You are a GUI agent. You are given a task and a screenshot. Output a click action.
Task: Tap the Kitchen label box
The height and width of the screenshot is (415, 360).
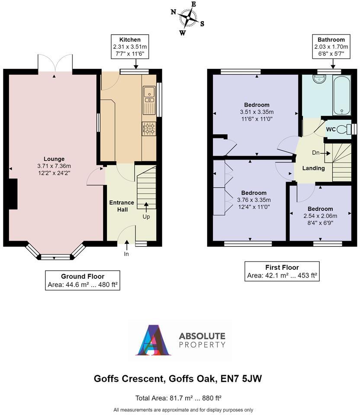click(x=130, y=47)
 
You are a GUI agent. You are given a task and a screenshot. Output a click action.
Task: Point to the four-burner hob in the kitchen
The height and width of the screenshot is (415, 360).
click(x=149, y=128)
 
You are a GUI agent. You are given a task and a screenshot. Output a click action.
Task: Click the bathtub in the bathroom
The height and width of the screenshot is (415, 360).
click(x=341, y=96)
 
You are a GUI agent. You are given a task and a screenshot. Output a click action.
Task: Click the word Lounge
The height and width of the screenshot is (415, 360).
click(x=54, y=159)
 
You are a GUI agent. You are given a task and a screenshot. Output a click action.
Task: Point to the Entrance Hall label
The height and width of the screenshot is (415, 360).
click(x=122, y=206)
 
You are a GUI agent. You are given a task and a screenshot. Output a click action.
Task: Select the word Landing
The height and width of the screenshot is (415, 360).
click(x=313, y=168)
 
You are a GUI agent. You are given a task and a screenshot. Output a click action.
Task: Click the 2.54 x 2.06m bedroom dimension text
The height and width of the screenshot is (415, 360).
click(x=321, y=216)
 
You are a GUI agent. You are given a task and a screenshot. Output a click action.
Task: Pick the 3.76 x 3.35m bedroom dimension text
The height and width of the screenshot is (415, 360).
click(x=254, y=200)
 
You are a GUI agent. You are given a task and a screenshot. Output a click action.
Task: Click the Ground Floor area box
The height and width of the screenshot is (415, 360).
click(x=83, y=281)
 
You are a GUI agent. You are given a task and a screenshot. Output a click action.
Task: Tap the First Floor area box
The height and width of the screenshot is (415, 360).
click(x=282, y=271)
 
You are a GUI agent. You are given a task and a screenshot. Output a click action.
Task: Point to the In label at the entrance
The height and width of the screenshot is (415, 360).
click(x=126, y=254)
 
